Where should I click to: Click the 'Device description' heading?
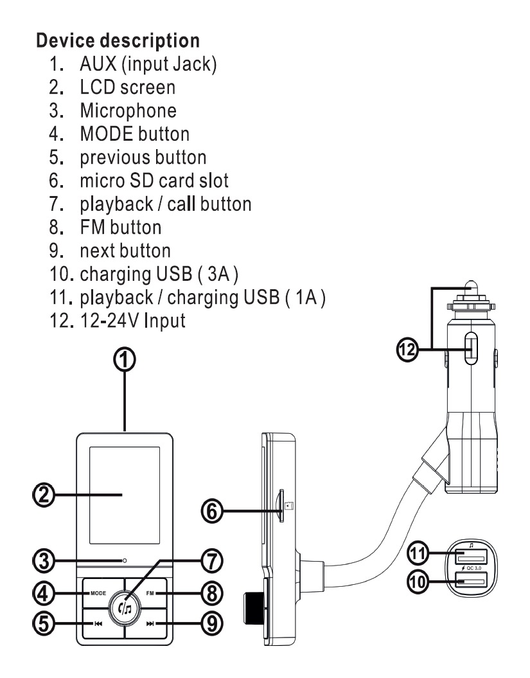(x=118, y=40)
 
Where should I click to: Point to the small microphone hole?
(x=125, y=561)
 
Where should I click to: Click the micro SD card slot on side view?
(x=283, y=508)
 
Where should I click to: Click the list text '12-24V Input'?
(x=132, y=319)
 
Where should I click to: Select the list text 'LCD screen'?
(x=125, y=87)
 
